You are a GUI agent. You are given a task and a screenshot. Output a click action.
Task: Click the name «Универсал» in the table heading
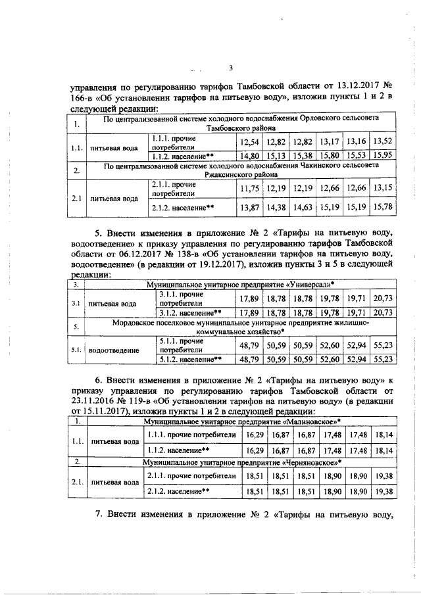point(308,285)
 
